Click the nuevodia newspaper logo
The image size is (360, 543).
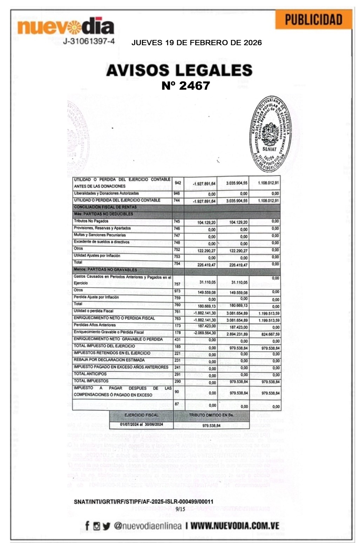66,27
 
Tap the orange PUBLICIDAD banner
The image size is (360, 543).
313,20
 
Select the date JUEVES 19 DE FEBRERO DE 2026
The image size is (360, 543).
196,43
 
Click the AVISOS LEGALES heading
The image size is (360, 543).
179,70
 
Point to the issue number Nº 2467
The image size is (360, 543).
185,85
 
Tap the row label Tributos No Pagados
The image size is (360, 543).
91,221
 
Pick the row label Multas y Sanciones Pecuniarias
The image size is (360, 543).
100,235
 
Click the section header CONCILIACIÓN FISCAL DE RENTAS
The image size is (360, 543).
105,207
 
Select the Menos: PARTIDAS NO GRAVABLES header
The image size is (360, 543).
105,270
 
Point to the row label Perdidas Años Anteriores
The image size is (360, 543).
95,325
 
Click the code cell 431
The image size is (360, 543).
177,339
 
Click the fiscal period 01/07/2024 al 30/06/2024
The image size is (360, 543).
141,425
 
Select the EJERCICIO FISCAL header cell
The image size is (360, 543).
141,415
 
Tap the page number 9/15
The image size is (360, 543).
180,509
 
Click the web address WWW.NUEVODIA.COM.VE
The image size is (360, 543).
235,526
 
